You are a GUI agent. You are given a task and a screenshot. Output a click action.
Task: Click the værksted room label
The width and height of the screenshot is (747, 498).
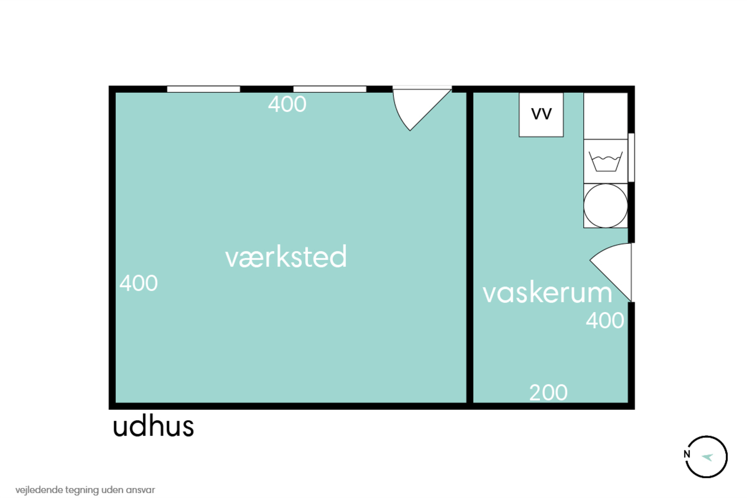coord(286,257)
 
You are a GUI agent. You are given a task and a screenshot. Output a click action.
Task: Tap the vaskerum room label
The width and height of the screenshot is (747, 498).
coord(547,293)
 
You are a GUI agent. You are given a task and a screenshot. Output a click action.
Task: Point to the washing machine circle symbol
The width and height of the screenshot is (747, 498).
coord(606,206)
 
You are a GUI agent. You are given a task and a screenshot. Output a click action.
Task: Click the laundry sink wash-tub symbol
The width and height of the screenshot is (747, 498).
coord(606,161)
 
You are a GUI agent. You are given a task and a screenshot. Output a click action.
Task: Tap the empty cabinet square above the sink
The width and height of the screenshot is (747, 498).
coord(606,116)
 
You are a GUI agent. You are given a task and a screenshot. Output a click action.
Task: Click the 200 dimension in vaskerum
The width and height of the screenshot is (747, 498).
coord(549,393)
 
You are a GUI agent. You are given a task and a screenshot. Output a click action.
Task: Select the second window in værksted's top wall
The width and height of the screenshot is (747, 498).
coord(330,89)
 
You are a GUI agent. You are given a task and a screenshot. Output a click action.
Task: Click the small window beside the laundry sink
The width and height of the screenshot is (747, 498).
coord(631,158)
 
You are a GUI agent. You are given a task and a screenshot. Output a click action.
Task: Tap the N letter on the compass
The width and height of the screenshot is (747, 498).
coord(687,454)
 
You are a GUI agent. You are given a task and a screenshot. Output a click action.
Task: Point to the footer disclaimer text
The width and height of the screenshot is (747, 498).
coord(85,490)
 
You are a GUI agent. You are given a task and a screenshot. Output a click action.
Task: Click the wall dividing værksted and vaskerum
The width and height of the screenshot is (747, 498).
coord(470,248)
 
